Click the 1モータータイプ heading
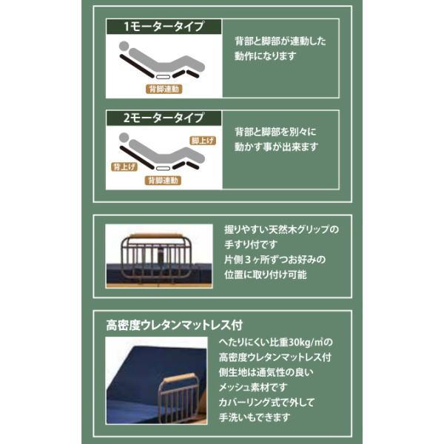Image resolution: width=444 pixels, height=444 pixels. (164, 27)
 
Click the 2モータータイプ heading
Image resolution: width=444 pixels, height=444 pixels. (164, 118)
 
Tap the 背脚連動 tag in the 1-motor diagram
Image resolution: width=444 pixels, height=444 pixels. (164, 89)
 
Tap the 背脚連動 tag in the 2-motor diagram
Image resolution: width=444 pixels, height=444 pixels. (163, 181)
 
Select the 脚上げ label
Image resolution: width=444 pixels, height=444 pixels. (203, 141)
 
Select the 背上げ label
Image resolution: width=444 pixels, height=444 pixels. (124, 166)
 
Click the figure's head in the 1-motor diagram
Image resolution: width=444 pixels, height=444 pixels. (124, 46)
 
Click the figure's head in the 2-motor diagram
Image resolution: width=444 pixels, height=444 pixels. (124, 138)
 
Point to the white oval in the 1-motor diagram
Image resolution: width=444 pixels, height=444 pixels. (164, 76)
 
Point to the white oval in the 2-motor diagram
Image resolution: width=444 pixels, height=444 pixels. (164, 168)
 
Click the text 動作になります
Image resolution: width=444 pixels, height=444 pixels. (265, 56)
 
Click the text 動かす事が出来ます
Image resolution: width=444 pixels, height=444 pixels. (276, 147)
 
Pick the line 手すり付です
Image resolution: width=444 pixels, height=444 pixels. (250, 244)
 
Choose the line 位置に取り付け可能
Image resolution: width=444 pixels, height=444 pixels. (266, 275)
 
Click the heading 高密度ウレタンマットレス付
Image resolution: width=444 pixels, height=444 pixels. (175, 325)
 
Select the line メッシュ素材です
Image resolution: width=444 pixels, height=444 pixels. (253, 387)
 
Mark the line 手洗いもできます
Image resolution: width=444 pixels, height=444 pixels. (255, 417)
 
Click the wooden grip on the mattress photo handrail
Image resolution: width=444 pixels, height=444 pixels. (180, 379)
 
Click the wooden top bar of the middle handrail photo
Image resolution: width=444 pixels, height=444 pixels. (158, 236)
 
